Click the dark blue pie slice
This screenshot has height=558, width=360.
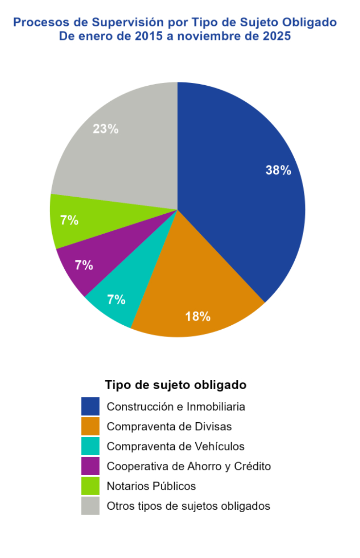pyautogui.click(x=239, y=195)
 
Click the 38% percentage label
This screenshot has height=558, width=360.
pyautogui.click(x=278, y=170)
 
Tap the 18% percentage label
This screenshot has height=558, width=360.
pyautogui.click(x=198, y=316)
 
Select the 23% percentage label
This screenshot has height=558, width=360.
pyautogui.click(x=106, y=129)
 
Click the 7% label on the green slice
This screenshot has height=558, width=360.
pyautogui.click(x=69, y=220)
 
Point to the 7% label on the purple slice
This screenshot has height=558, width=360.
pyautogui.click(x=84, y=265)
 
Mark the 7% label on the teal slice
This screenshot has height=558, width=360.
pyautogui.click(x=116, y=300)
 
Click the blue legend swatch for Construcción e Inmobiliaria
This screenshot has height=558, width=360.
pyautogui.click(x=90, y=407)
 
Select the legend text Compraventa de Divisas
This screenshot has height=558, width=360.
pyautogui.click(x=169, y=427)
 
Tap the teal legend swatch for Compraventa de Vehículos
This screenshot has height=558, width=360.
pyautogui.click(x=90, y=446)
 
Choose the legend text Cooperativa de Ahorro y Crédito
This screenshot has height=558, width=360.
pyautogui.click(x=189, y=466)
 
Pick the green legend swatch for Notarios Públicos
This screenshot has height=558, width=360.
pyautogui.click(x=90, y=486)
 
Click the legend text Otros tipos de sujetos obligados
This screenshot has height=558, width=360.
pyautogui.click(x=188, y=506)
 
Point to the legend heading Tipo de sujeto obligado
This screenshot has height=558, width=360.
pyautogui.click(x=175, y=385)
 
